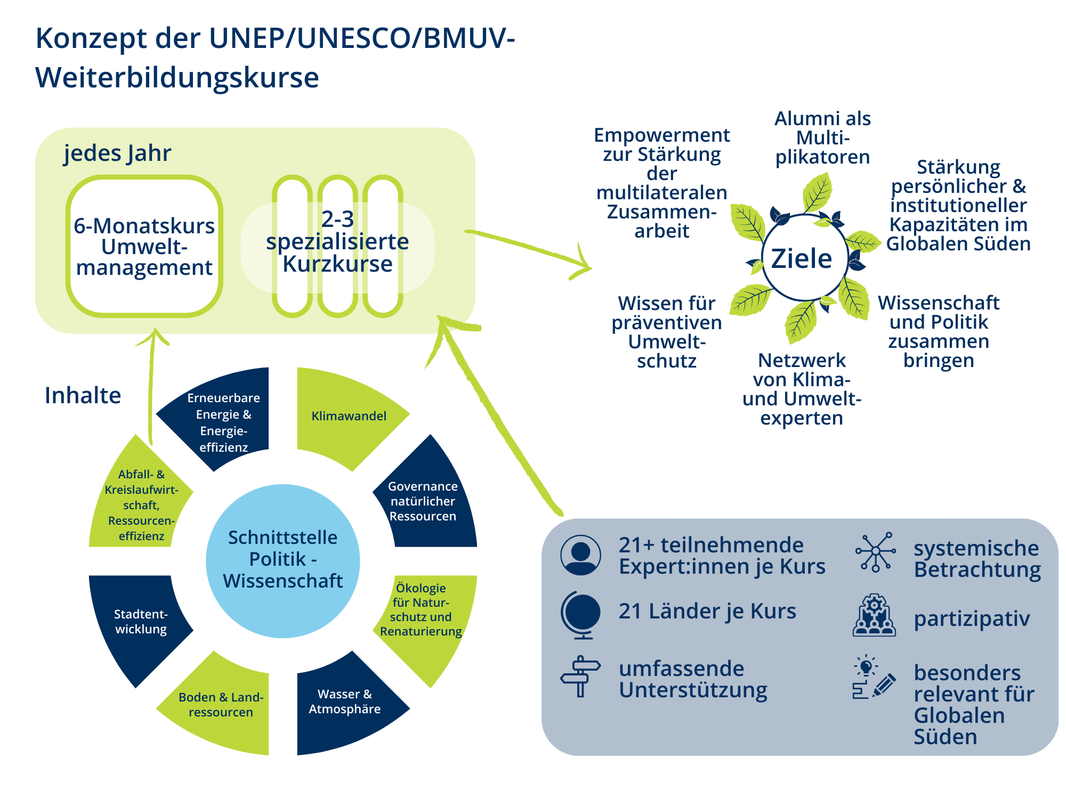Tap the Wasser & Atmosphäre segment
pyautogui.click(x=345, y=702)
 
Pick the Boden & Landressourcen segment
pyautogui.click(x=221, y=704)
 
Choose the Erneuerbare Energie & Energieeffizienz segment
pyautogui.click(x=224, y=422)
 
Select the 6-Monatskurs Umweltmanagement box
pyautogui.click(x=144, y=247)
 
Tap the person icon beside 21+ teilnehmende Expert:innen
pyautogui.click(x=580, y=555)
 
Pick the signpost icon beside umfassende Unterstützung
pyautogui.click(x=580, y=676)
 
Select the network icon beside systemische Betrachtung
pyautogui.click(x=875, y=552)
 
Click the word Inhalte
pyautogui.click(x=83, y=395)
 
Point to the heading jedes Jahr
pyautogui.click(x=117, y=153)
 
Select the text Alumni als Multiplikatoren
pyautogui.click(x=822, y=137)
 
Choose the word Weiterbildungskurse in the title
pyautogui.click(x=177, y=78)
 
